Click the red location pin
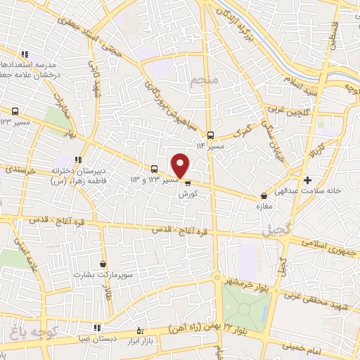coord(181,165)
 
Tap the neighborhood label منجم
coord(205,81)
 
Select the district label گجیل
coord(275,230)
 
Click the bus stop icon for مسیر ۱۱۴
coord(210,135)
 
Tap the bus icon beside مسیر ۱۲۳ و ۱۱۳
coord(154,169)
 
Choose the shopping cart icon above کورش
coord(187,182)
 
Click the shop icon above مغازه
coord(264,196)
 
